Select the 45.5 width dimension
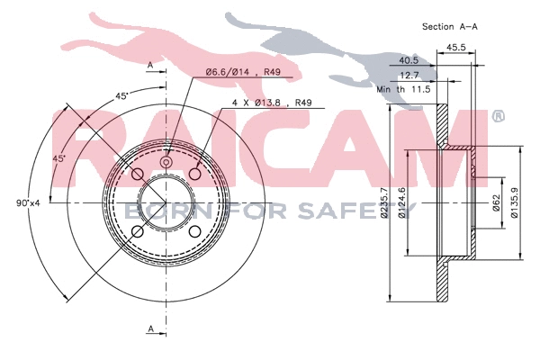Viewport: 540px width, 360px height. pos(455,48)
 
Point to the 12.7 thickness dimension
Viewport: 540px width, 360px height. pos(410,76)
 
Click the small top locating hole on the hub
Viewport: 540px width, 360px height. pos(166,163)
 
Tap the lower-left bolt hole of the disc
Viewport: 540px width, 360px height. pos(138,232)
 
